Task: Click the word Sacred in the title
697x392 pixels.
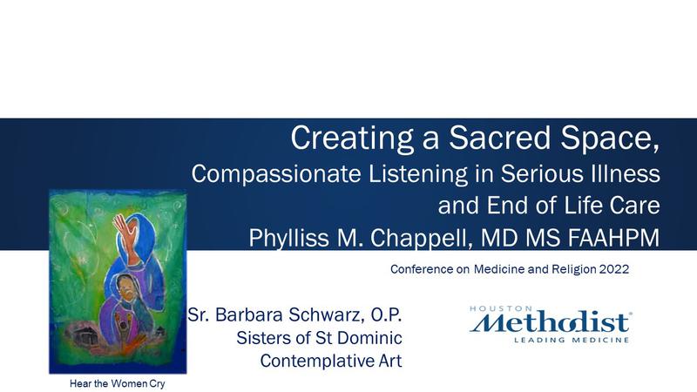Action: pos(500,138)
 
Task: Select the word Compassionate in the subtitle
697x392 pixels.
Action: pos(276,173)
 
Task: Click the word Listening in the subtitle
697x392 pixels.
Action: pos(418,174)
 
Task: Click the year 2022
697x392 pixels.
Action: pos(614,269)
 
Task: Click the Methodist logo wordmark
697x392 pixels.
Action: pos(551,322)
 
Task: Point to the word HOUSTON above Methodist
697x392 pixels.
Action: pos(494,308)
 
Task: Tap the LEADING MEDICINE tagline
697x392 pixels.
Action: pos(572,340)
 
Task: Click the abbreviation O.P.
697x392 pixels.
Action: pos(386,314)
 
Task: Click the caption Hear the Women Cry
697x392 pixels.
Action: pos(118,383)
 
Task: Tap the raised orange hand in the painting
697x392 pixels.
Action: pos(125,232)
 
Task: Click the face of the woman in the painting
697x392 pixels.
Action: pos(125,288)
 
